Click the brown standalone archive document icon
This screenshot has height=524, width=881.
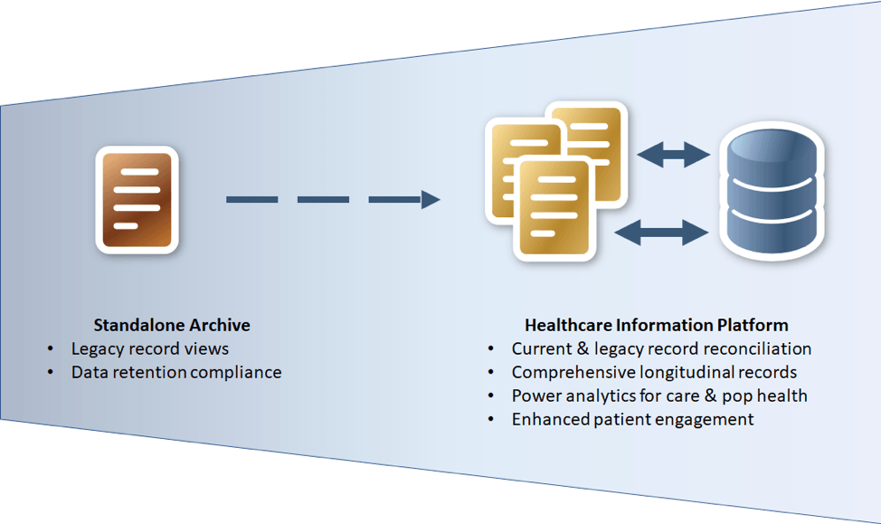(x=137, y=199)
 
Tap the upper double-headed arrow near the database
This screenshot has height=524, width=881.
(x=673, y=154)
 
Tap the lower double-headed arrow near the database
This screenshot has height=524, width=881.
(x=661, y=233)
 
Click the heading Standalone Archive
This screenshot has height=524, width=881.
(x=172, y=324)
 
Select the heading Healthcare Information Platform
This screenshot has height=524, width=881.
(x=657, y=324)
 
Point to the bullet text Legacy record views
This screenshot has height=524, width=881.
(x=150, y=348)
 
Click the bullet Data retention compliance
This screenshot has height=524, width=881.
(x=176, y=372)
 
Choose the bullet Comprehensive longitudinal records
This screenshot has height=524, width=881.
(x=654, y=372)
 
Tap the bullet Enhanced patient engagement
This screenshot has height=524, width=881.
(x=632, y=419)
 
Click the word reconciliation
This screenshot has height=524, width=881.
(x=759, y=348)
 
